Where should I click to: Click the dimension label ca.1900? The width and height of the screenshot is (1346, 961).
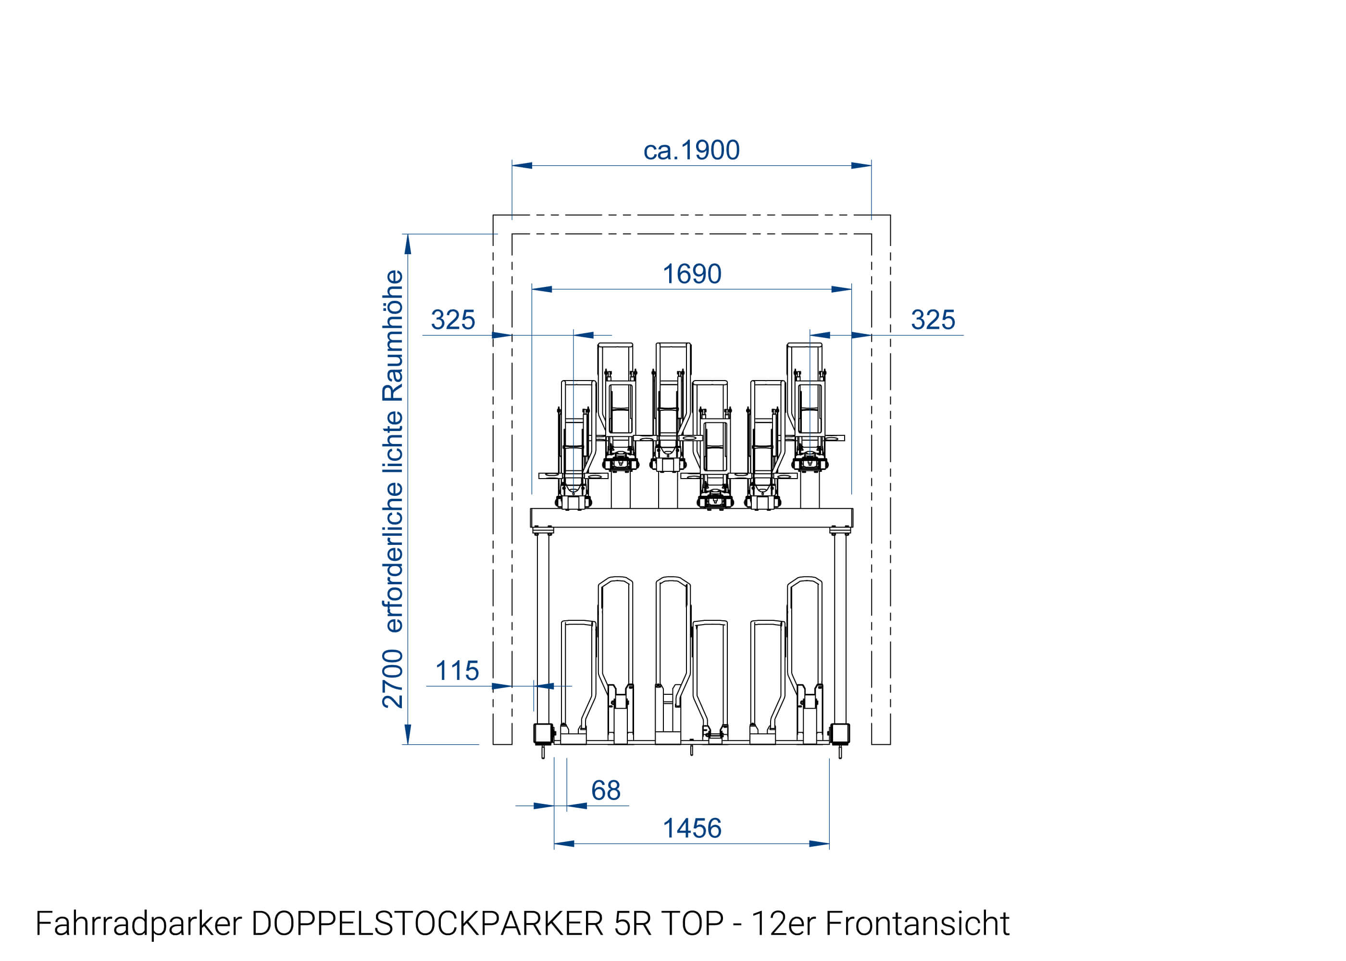tap(691, 150)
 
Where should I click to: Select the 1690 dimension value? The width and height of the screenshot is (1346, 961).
tap(691, 274)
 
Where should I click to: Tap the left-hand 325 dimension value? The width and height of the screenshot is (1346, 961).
tap(453, 320)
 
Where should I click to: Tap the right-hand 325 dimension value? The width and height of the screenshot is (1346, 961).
tap(932, 320)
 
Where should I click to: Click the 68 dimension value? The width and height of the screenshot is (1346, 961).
tap(606, 790)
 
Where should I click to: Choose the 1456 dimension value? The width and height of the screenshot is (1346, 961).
tap(691, 828)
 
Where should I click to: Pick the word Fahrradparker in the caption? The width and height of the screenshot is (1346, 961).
tap(138, 924)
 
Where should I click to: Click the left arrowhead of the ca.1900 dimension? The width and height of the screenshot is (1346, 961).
tap(522, 166)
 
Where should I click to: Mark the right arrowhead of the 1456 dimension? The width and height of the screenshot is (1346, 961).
tap(819, 844)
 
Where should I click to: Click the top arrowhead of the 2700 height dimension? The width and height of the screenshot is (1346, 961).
tap(407, 244)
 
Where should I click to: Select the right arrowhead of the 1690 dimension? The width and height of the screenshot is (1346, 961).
tap(841, 289)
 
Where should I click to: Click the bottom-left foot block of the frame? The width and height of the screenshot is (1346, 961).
tap(543, 734)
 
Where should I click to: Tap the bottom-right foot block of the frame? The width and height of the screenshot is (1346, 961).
tap(839, 734)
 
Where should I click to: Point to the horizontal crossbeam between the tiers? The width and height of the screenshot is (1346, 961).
tap(691, 518)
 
